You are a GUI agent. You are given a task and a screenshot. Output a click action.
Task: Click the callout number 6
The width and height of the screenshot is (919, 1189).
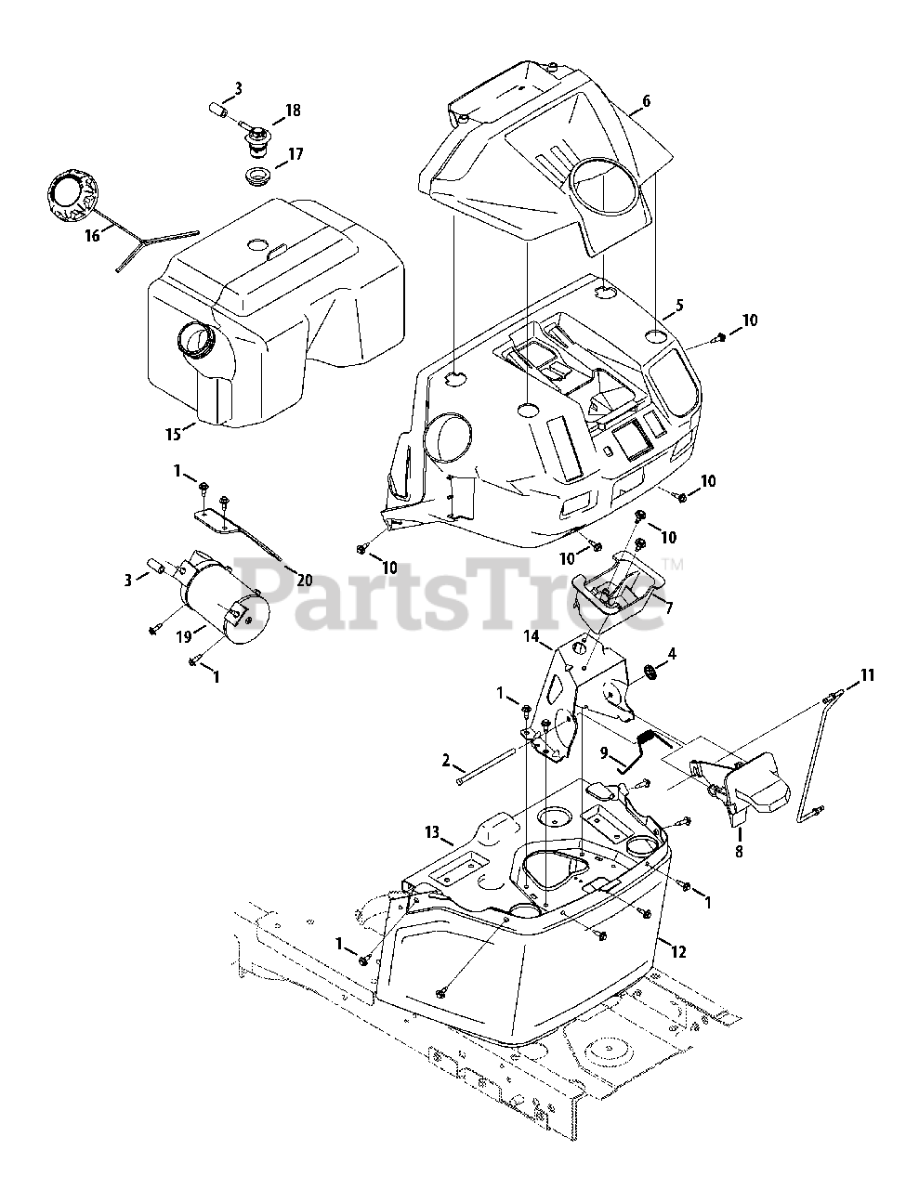point(645,102)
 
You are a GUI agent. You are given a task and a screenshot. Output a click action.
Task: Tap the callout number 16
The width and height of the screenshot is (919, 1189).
point(92,236)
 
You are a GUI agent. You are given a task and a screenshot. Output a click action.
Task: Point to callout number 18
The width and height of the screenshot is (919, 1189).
point(293,111)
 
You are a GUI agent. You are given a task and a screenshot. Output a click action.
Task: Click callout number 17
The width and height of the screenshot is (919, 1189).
point(295,154)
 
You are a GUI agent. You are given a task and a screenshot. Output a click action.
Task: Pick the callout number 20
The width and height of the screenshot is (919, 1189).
point(304,580)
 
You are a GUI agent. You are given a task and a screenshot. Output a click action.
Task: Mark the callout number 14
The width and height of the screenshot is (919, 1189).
point(531,636)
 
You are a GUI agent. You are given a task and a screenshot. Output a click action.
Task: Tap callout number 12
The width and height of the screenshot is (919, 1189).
point(679,950)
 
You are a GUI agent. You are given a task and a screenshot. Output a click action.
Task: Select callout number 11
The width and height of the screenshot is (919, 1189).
point(867,675)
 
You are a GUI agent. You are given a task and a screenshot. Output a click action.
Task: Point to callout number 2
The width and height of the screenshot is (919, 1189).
point(447,761)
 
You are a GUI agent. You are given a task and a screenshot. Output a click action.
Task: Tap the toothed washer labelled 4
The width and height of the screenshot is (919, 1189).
point(648,672)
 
